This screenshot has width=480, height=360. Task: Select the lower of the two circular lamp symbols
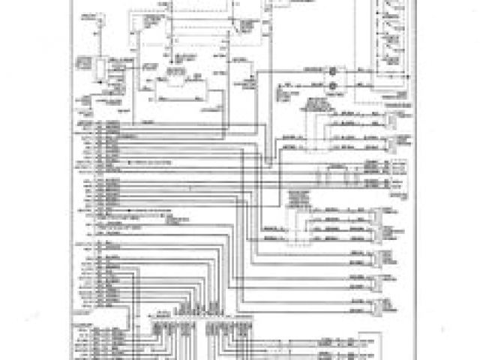tap(334, 85)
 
